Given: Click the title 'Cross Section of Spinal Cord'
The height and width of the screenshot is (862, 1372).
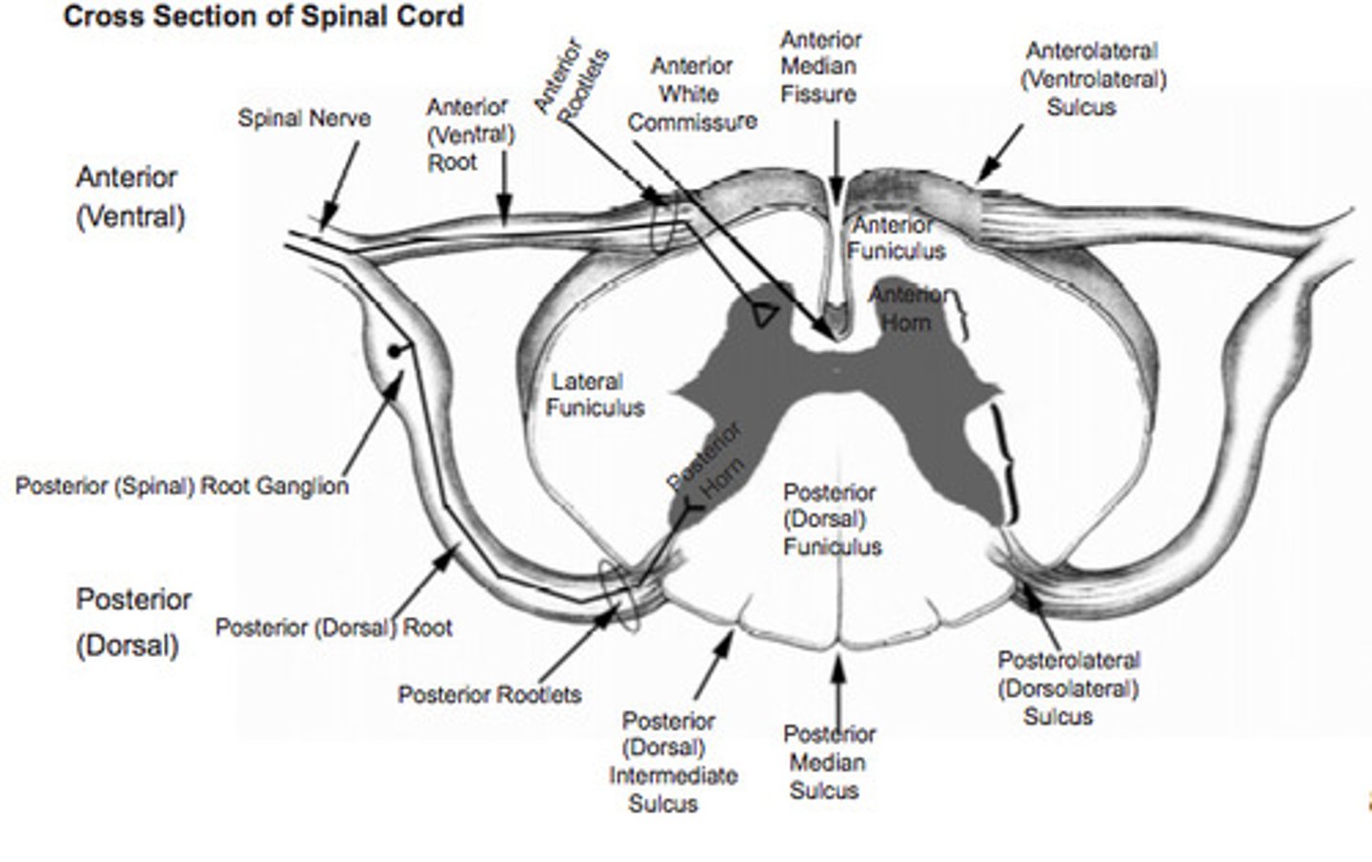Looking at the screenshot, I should point(263,17).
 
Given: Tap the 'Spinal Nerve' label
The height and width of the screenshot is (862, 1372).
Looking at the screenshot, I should point(304,118).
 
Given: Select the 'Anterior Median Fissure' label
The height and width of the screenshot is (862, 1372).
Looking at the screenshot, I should point(819,67).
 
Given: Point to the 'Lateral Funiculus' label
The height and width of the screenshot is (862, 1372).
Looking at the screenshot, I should point(595,395).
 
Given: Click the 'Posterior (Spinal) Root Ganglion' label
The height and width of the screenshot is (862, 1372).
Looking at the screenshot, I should point(182,486).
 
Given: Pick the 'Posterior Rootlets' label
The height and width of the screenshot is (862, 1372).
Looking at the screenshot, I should point(489,694).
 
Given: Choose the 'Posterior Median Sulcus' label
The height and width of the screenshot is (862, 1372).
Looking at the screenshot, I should point(829,762).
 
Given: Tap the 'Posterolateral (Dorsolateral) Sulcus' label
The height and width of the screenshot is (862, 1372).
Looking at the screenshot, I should point(1067,688).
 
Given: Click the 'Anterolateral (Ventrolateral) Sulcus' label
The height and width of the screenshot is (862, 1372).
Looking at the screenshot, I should point(1092,79).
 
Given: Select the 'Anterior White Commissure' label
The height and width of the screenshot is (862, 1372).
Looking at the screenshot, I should point(692,94).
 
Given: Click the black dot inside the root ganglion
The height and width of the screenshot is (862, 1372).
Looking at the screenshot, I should point(393,351).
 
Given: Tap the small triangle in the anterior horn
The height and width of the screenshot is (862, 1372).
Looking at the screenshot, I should point(764,315).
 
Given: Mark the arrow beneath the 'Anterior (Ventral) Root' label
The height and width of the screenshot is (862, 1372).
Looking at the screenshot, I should point(504,200).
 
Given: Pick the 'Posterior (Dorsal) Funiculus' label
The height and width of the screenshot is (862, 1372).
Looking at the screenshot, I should point(831,520).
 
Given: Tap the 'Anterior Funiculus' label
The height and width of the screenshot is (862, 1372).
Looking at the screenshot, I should point(896,238).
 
